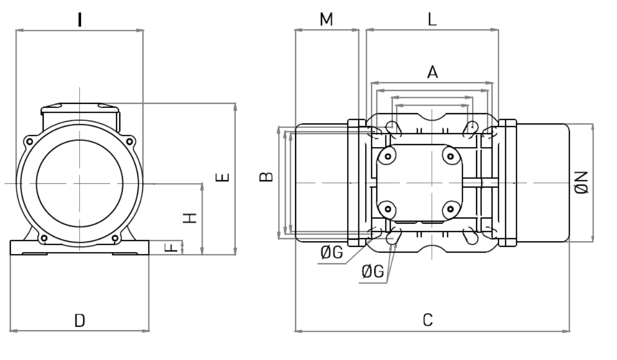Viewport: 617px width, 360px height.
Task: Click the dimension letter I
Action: pyautogui.click(x=80, y=20)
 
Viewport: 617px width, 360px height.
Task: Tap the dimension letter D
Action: pyautogui.click(x=80, y=320)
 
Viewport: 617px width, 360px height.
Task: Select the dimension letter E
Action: pyautogui.click(x=222, y=177)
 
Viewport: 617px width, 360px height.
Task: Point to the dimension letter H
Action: pyautogui.click(x=190, y=218)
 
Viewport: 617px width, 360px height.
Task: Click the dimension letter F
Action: pyautogui.click(x=171, y=247)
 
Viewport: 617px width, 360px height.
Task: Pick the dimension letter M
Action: pyautogui.click(x=326, y=20)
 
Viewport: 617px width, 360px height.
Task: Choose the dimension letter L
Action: pyautogui.click(x=432, y=20)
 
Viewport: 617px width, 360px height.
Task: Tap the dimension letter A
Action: pyautogui.click(x=432, y=72)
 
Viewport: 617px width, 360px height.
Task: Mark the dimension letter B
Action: pyautogui.click(x=266, y=177)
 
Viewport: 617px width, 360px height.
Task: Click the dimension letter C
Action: pyautogui.click(x=428, y=320)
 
